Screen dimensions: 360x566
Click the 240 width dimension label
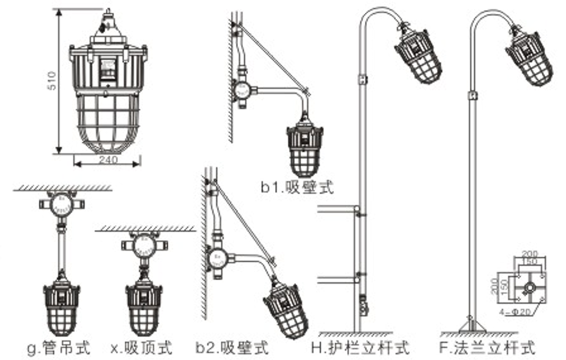pos(107,160)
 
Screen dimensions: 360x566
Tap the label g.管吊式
pos(58,348)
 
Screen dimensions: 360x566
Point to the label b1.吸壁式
pos(297,187)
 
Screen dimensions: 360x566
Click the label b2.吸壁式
pos(232,348)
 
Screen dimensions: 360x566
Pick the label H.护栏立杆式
pos(361,348)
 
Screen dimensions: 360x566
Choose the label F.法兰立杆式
pos(487,348)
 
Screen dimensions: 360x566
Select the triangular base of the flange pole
pos(472,324)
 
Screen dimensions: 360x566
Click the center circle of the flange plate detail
pos(528,287)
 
